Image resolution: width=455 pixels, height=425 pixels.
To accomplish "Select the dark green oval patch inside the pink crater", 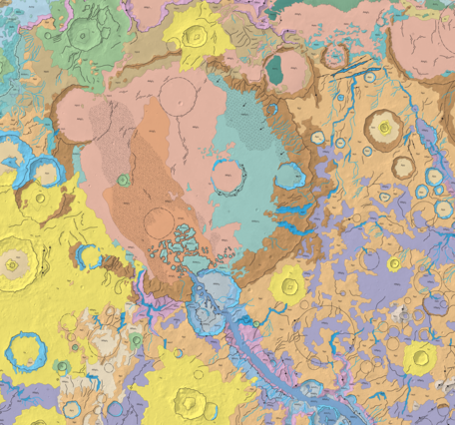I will pyautogui.click(x=289, y=68).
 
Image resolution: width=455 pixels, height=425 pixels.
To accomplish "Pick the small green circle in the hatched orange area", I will pyautogui.click(x=123, y=181).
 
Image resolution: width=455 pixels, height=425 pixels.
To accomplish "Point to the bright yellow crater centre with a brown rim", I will pyautogui.click(x=382, y=128).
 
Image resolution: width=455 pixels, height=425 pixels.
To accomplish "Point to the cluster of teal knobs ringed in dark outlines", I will pyautogui.click(x=180, y=242).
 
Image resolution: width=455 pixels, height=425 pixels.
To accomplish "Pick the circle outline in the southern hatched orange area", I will pyautogui.click(x=160, y=221).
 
